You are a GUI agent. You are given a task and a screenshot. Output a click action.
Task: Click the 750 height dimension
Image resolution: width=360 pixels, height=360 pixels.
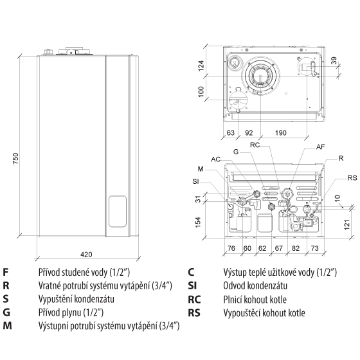15,158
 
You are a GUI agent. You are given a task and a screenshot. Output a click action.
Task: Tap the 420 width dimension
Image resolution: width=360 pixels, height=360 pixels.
86,255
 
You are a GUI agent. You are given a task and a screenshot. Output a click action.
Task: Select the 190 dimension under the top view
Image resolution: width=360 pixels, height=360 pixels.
281,132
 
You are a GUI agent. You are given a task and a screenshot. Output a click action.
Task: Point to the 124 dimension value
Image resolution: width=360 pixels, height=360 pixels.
201,66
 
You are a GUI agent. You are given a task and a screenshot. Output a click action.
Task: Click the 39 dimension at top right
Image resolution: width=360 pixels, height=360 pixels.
334,60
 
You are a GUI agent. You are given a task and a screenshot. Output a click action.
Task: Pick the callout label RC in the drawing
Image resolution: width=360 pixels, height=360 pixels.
255,145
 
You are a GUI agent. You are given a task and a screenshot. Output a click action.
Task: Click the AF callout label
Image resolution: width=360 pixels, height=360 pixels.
321,147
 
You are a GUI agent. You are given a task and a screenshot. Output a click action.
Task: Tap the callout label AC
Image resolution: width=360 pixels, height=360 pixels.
215,159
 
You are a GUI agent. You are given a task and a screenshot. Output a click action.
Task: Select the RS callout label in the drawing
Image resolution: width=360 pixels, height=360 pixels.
352,177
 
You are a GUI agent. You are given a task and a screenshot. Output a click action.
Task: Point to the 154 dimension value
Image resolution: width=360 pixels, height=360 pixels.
198,222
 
